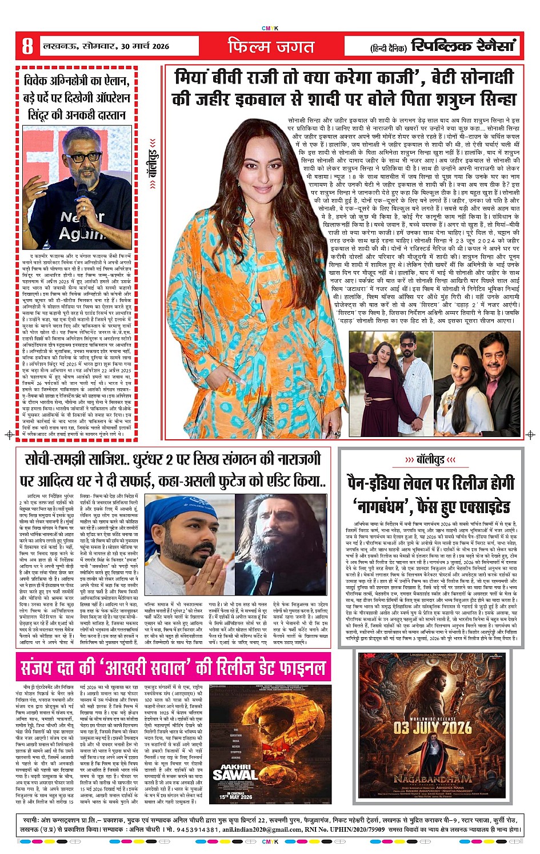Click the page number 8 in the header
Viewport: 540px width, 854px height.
pos(27,46)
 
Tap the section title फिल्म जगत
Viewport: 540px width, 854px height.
pos(271,46)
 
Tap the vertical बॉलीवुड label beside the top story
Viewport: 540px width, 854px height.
pos(152,164)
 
